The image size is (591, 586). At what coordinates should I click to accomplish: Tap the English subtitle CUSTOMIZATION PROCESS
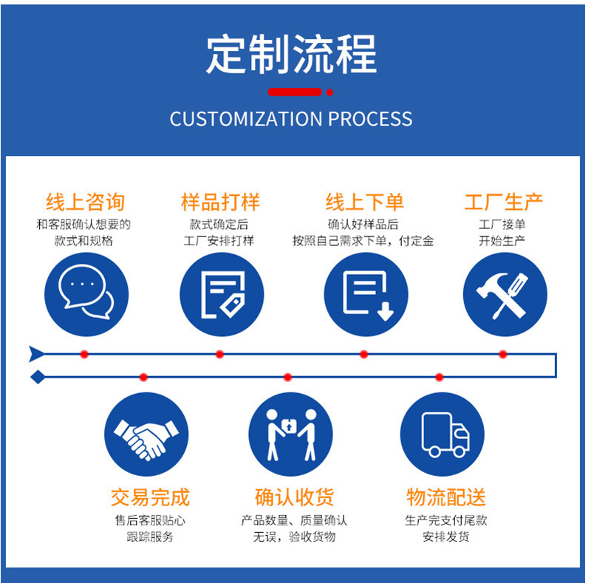[291, 118]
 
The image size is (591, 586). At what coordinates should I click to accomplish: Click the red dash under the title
[295, 92]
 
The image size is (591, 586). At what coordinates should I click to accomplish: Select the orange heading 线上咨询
[85, 202]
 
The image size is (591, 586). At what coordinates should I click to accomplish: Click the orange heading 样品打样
[220, 202]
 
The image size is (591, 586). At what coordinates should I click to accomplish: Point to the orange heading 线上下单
[364, 202]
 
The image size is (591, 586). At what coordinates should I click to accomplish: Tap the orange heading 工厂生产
[503, 202]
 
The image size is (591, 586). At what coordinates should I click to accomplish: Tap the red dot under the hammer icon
[503, 355]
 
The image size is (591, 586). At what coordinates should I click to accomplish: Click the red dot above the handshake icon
[143, 378]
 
